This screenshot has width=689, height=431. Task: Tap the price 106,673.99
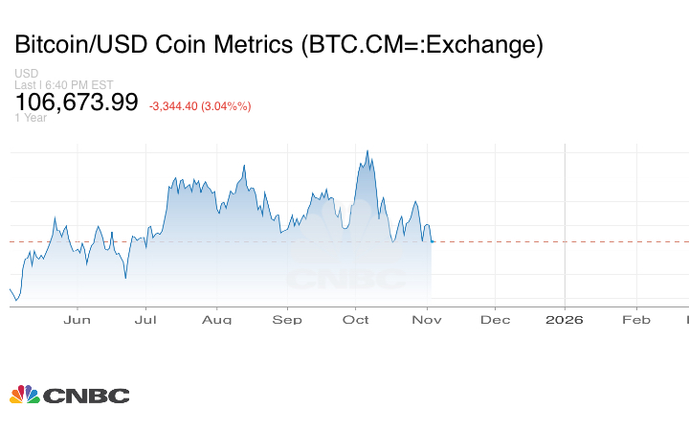pos(77,102)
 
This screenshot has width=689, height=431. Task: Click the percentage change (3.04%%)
pos(226,106)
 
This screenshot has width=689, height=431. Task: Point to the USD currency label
pos(27,74)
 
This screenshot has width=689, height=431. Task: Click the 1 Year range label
pos(31,118)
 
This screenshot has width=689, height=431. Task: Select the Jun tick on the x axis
pos(77,320)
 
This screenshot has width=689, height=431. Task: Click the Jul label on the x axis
pos(146,320)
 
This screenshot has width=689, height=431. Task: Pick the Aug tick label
pos(217,320)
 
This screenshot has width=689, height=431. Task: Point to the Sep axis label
pos(287,320)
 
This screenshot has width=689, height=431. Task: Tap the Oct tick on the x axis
pos(356,320)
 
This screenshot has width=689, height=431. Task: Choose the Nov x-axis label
pos(427,320)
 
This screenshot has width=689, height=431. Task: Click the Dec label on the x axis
pos(495,320)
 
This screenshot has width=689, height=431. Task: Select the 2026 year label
pos(565,320)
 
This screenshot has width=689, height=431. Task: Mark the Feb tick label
pos(636,320)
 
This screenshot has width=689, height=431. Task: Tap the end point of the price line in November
pos(432,241)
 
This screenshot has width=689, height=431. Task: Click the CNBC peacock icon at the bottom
pos(25,395)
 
